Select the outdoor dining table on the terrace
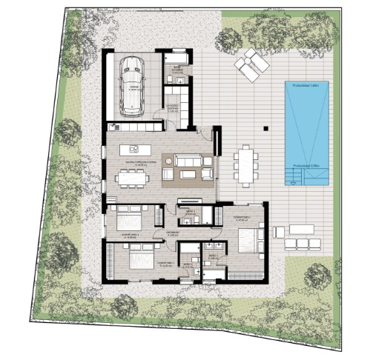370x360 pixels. tap(245, 164)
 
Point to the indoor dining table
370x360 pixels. tap(131, 176)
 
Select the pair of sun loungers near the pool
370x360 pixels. tap(251, 62)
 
